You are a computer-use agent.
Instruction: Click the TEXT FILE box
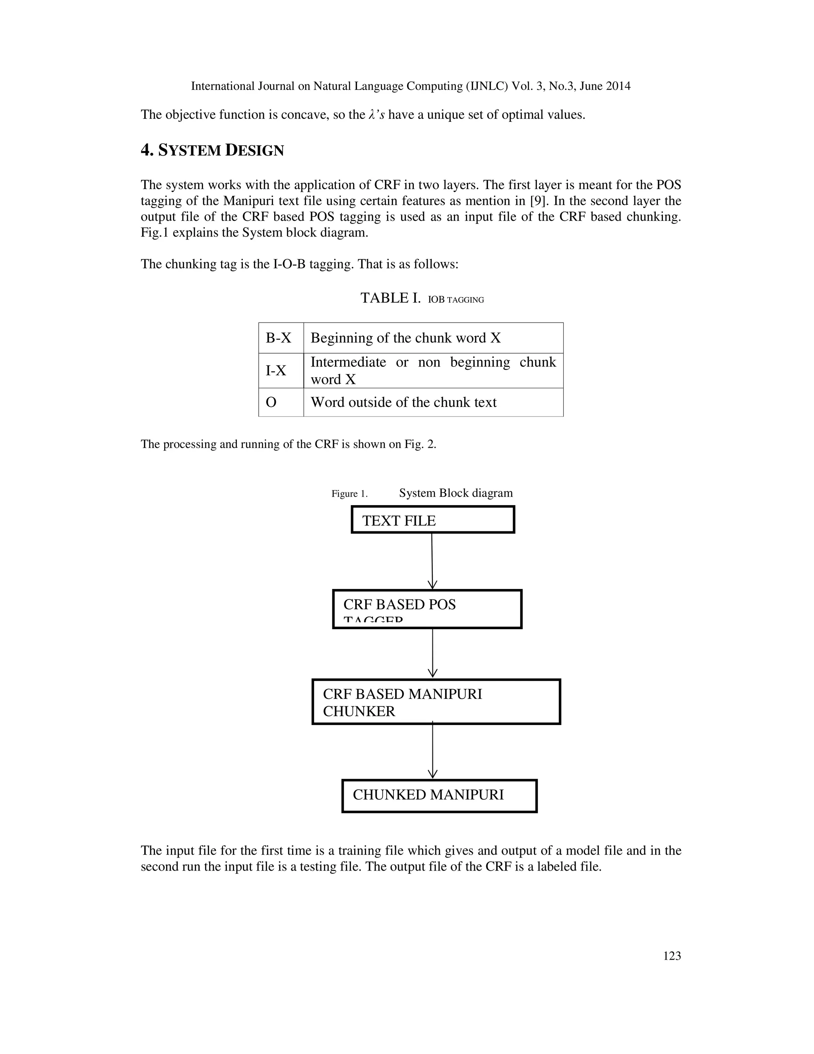pyautogui.click(x=432, y=520)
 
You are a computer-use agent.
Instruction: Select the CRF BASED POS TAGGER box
pyautogui.click(x=427, y=609)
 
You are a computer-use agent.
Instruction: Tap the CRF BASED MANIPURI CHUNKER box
pyautogui.click(x=436, y=702)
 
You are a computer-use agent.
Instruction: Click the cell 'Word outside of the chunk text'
pyautogui.click(x=403, y=402)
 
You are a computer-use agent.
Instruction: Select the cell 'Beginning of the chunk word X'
pyautogui.click(x=405, y=338)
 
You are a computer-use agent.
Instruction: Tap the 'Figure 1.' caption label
pyautogui.click(x=349, y=494)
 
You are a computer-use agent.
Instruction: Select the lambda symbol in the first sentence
pyautogui.click(x=371, y=115)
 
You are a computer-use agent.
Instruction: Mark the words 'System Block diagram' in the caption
pyautogui.click(x=456, y=493)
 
